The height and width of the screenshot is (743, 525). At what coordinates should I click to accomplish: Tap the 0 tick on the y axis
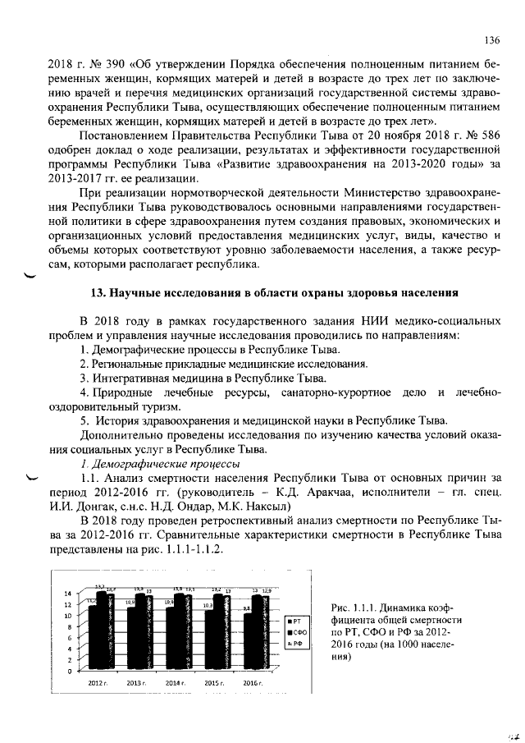pyautogui.click(x=71, y=671)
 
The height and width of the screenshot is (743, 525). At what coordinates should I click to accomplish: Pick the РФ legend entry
pyautogui.click(x=296, y=644)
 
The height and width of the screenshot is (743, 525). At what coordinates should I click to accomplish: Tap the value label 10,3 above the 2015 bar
pyautogui.click(x=208, y=605)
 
